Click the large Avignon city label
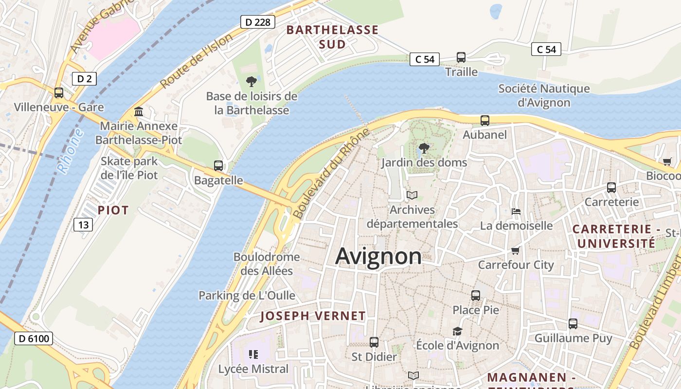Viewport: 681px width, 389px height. (x=378, y=256)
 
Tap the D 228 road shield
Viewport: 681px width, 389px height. (x=258, y=22)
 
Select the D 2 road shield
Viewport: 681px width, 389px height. (x=84, y=79)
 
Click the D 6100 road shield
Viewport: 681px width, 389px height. (x=33, y=338)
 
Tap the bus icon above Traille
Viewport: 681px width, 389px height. (x=461, y=57)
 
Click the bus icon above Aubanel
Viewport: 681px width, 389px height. (x=484, y=120)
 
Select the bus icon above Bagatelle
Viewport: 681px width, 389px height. (x=218, y=165)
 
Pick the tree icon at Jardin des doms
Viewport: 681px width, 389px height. (x=424, y=148)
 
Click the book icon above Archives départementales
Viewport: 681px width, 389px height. (x=412, y=195)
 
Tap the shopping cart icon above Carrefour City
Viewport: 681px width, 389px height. (x=516, y=250)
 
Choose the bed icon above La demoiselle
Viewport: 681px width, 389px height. (x=516, y=212)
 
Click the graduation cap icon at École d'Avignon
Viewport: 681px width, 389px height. (x=457, y=331)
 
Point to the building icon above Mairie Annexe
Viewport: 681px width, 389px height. (x=139, y=112)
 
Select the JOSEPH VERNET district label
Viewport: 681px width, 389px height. (x=313, y=316)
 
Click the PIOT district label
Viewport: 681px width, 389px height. (x=113, y=210)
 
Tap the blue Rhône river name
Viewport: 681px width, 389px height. (x=70, y=151)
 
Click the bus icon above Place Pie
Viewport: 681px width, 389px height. (x=476, y=295)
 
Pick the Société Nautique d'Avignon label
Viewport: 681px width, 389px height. (x=544, y=95)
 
